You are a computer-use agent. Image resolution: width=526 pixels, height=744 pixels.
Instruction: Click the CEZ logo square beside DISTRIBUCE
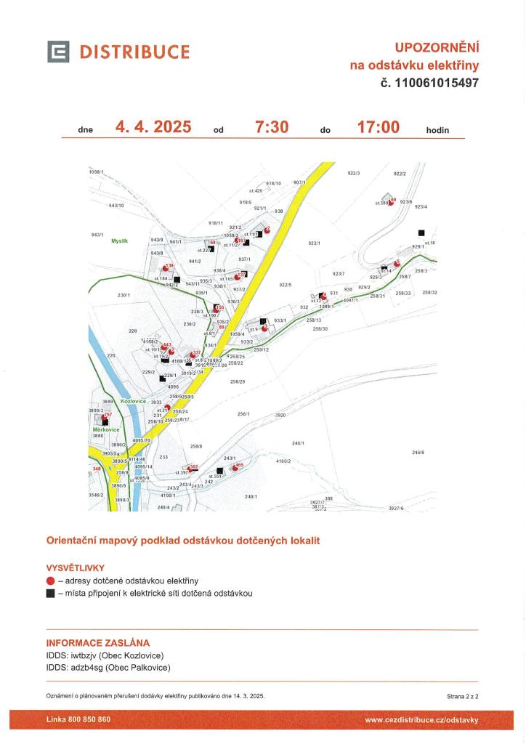(59, 52)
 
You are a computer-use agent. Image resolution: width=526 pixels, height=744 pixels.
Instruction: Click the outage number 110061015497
(429, 83)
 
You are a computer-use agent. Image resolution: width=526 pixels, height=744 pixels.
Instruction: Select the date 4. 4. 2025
(153, 128)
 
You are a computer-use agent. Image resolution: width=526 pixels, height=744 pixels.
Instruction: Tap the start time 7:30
(272, 128)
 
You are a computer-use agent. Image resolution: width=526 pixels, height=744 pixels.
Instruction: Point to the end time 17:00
(378, 128)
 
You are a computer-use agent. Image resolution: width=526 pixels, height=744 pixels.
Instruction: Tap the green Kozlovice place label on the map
(134, 401)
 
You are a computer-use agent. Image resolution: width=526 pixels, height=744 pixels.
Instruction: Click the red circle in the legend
(50, 581)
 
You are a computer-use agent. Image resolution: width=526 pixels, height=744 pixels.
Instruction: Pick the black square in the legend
(50, 594)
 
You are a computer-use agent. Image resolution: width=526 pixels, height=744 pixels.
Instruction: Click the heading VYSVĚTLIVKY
(76, 567)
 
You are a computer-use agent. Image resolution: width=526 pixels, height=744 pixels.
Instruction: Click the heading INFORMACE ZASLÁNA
(98, 643)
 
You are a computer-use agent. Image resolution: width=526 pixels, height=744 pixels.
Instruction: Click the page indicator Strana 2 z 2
(462, 696)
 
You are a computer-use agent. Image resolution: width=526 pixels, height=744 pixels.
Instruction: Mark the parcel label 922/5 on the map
(284, 285)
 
